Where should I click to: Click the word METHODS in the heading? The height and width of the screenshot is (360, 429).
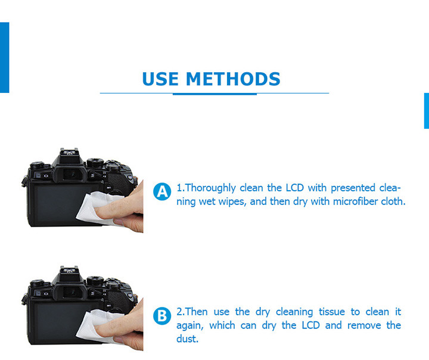pos(233,79)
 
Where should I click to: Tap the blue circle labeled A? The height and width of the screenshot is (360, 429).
pos(161,192)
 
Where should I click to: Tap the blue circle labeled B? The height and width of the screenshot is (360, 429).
pos(161,316)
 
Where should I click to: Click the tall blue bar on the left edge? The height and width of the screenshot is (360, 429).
pos(4,57)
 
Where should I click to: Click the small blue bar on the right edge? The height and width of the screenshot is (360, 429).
pos(426,110)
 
